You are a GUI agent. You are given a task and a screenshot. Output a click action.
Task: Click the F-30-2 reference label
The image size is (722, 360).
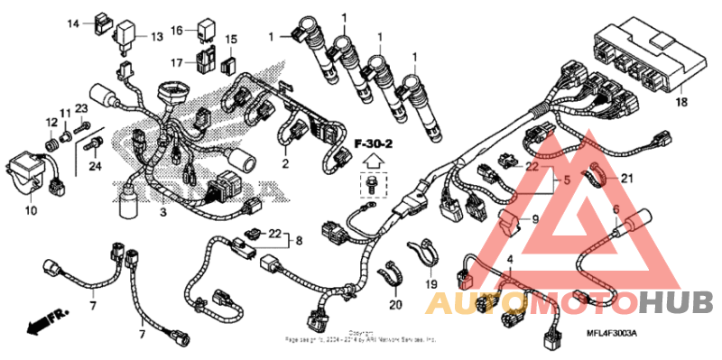(372, 143)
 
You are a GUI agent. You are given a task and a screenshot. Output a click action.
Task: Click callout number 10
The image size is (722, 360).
(30, 211)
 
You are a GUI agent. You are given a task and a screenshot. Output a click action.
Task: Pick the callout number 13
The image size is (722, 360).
(157, 37)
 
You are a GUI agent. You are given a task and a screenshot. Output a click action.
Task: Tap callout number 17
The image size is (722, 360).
(177, 62)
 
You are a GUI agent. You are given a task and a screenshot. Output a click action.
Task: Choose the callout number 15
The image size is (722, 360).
(231, 40)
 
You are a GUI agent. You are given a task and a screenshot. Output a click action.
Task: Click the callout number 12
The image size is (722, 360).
(51, 122)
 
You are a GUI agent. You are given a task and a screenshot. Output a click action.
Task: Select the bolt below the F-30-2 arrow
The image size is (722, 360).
(371, 186)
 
